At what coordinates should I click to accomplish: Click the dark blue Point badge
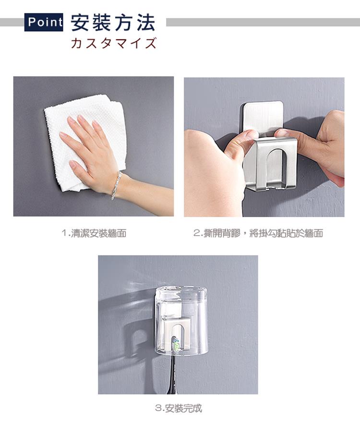(x=44, y=22)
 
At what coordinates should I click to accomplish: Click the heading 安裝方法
(x=113, y=23)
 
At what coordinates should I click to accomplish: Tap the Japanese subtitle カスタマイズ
(x=114, y=43)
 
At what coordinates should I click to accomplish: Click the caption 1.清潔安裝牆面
(x=94, y=233)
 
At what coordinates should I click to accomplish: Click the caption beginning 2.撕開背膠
(x=258, y=233)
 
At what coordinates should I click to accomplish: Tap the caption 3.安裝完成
(x=178, y=409)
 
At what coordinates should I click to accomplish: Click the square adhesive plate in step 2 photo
(x=262, y=117)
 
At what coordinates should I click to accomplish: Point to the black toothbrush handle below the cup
(x=173, y=375)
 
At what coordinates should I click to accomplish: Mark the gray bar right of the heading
(x=263, y=22)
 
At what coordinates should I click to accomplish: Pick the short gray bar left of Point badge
(x=12, y=22)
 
